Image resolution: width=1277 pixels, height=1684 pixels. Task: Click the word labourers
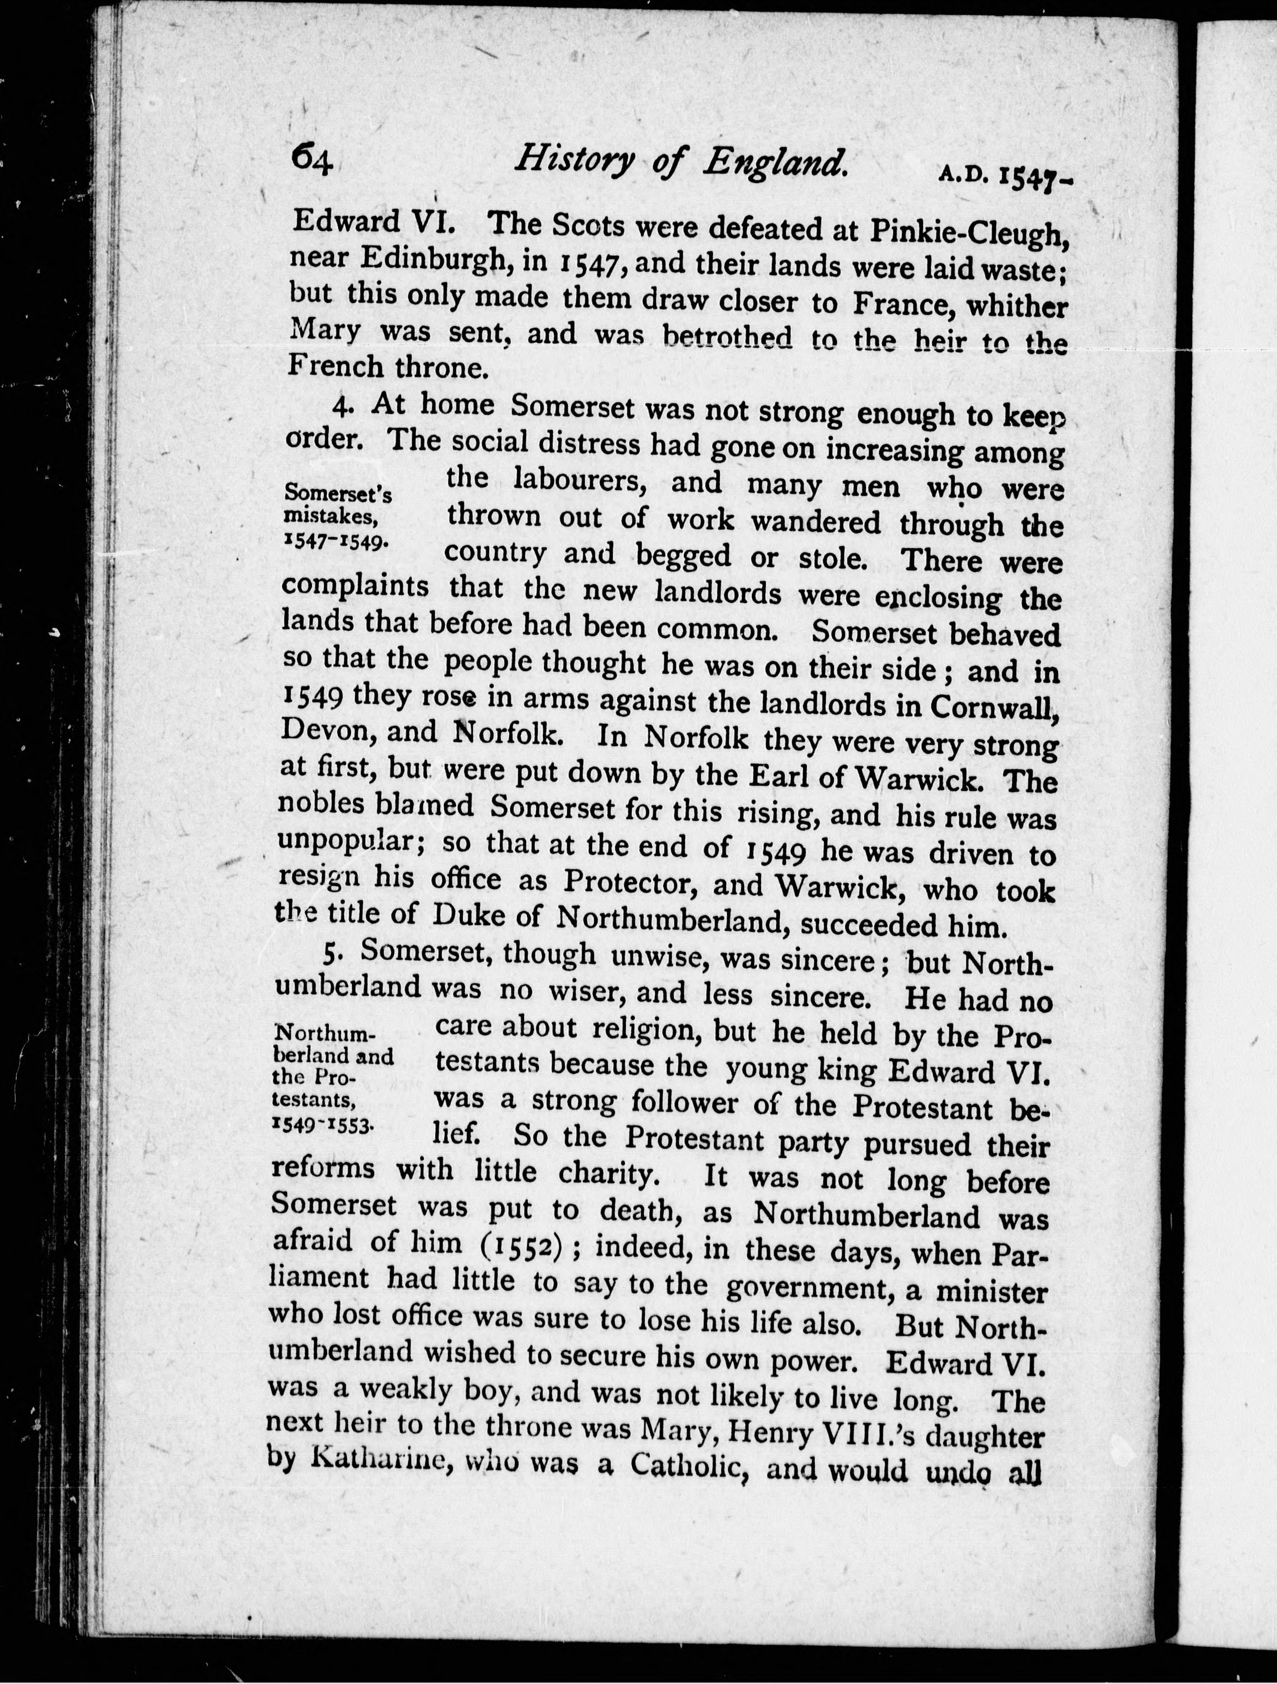click(579, 481)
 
